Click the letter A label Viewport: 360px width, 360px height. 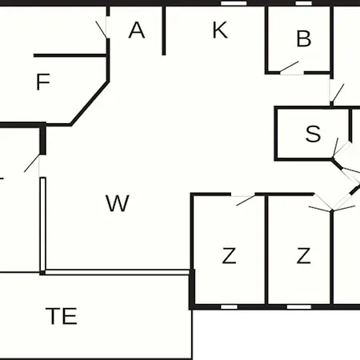[x=137, y=30]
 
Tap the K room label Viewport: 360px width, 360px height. [x=220, y=30]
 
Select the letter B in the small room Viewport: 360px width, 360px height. [x=304, y=38]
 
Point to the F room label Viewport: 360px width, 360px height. [x=43, y=82]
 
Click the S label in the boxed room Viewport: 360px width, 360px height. [x=313, y=134]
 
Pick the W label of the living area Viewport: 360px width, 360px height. [x=118, y=203]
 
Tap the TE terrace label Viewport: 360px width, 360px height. [x=62, y=316]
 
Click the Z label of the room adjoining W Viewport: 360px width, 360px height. [x=229, y=256]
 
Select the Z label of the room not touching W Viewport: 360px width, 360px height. [x=303, y=256]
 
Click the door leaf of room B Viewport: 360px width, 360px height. [x=289, y=66]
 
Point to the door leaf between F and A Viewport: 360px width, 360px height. [x=102, y=30]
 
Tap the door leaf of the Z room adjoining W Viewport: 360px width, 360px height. [x=246, y=200]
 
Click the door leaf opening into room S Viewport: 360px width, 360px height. [x=335, y=147]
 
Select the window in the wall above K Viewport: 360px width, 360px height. [x=234, y=3]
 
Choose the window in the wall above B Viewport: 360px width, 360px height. [x=303, y=3]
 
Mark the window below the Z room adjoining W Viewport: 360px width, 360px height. [x=229, y=307]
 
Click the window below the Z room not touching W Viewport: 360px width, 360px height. [x=299, y=307]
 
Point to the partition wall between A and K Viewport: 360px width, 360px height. [x=164, y=30]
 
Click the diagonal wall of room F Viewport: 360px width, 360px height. [x=90, y=103]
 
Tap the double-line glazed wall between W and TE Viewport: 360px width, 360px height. [x=118, y=272]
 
